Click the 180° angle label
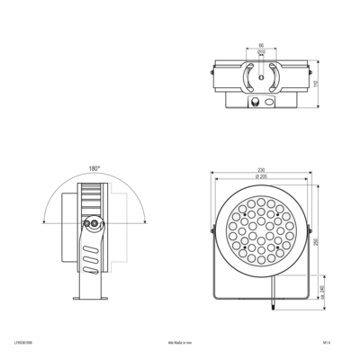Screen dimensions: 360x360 pos(93,168)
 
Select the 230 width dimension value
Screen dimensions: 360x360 pos(262,170)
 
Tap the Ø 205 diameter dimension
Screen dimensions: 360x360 pos(262,177)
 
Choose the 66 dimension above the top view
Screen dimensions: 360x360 pos(261,45)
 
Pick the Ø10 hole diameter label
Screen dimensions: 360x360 pos(261,52)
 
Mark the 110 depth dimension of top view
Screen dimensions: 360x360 pos(316,83)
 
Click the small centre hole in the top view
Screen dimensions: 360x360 pos(261,78)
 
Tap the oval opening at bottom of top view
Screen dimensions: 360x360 pos(262,103)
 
